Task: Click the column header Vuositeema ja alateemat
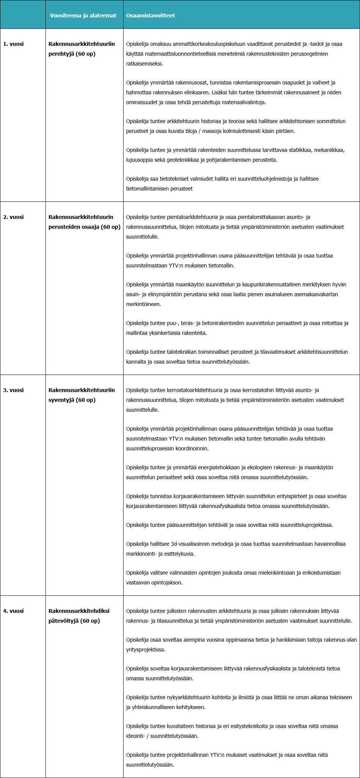coord(83,16)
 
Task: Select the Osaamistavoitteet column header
coord(150,16)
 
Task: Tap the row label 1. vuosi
coord(13,44)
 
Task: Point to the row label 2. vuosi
coord(13,217)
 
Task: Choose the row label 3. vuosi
coord(13,390)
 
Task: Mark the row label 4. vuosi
coord(13,611)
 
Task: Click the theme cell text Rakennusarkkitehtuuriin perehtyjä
coord(81,49)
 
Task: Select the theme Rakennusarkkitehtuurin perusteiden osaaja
coord(84,222)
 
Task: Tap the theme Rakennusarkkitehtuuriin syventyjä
coord(81,395)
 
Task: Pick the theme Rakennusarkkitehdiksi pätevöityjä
coord(79,616)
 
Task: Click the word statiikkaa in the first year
coord(301,150)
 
